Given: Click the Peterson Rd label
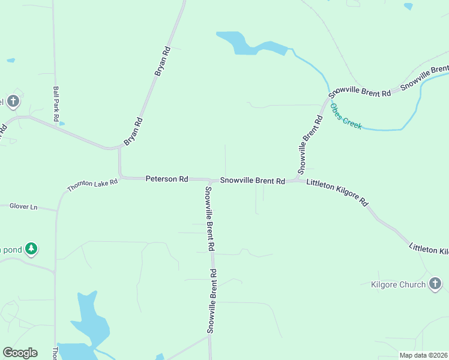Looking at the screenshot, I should pos(167,179).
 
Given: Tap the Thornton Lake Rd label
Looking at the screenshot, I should pos(92,186).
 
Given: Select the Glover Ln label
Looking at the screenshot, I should pos(23,207).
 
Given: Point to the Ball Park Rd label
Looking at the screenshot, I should pos(55,103).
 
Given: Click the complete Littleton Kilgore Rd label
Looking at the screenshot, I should pos(337,193).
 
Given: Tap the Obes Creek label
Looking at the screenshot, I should pos(346,116).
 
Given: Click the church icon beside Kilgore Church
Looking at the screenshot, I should pos(435,284).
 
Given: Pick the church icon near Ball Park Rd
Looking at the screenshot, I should pos(13,101).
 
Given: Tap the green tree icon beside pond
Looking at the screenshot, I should pos(31,248).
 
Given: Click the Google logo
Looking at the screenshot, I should pos(20,353).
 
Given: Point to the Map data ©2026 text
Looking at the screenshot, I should pos(423,355).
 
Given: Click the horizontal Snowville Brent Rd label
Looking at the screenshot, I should pos(252,181).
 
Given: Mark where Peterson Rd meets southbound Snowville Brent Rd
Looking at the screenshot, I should pos(209,180).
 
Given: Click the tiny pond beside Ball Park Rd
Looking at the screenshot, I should pos(62,124).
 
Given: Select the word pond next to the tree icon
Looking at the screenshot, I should pos(11,249).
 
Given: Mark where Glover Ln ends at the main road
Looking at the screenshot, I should pos(56,211).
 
